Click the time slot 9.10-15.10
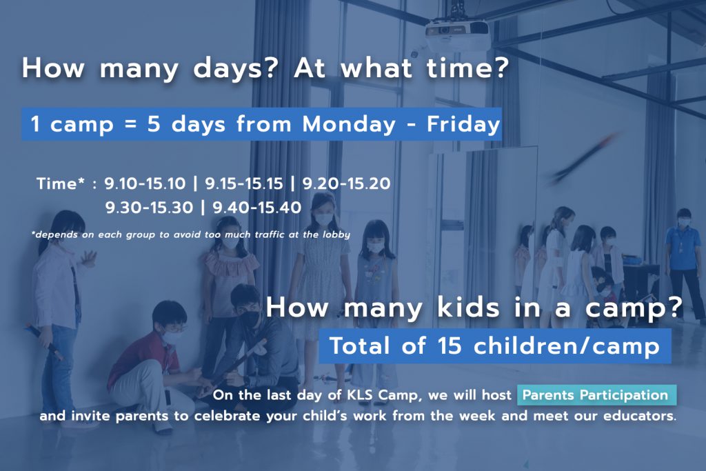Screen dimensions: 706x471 click(145, 183)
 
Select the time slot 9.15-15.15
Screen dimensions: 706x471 click(244, 183)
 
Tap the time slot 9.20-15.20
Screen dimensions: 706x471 click(346, 183)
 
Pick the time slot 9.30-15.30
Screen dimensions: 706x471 click(149, 208)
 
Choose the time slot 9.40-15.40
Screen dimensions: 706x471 click(257, 208)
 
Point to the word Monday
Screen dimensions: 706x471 click(349, 124)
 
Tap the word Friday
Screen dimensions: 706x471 click(464, 124)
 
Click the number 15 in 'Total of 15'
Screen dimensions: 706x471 click(450, 345)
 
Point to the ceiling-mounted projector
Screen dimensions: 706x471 click(458, 32)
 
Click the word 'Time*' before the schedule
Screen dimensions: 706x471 click(61, 183)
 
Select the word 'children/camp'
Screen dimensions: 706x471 click(567, 345)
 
